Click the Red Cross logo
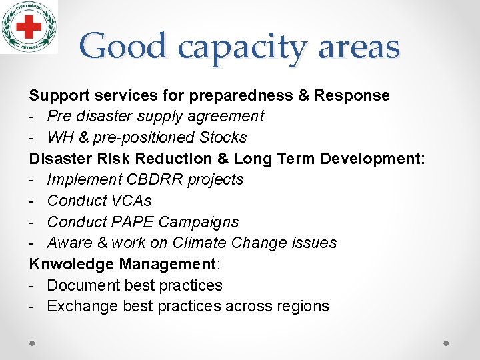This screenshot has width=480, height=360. (x=29, y=27)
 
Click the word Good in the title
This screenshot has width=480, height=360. (x=123, y=47)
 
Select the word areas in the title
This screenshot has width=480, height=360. (x=360, y=47)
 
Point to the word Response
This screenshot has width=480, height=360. (x=352, y=95)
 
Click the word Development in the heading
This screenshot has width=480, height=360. (x=371, y=159)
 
